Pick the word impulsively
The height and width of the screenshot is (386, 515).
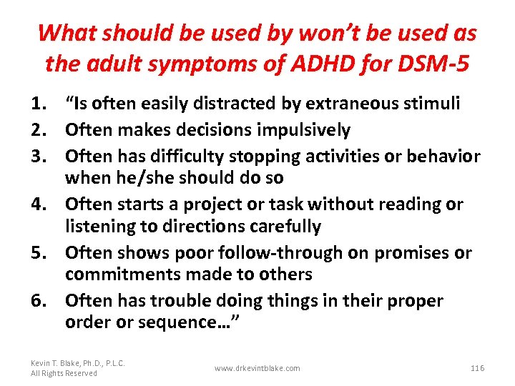click(304, 130)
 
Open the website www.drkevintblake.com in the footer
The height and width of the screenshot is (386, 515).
click(257, 368)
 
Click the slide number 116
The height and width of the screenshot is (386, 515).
click(478, 368)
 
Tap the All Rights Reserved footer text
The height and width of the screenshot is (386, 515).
click(64, 373)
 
